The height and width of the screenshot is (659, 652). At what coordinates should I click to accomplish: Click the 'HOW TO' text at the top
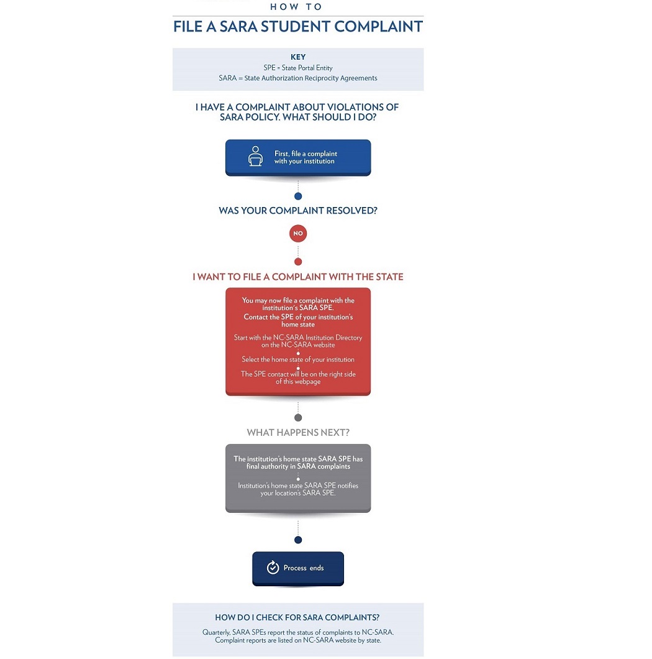[x=297, y=7]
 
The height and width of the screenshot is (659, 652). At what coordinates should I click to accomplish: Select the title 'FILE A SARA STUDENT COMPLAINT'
[x=298, y=27]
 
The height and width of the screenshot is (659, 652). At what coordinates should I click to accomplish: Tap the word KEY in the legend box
[x=298, y=57]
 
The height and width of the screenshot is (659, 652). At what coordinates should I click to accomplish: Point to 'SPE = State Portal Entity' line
[x=298, y=68]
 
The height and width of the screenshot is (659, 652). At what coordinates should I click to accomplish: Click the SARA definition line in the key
[x=298, y=78]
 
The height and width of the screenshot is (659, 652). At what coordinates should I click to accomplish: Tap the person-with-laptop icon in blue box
[x=255, y=157]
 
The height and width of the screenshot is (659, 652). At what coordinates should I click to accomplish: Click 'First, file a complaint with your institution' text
[x=306, y=157]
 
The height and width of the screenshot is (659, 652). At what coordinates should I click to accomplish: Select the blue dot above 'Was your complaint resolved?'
[x=298, y=196]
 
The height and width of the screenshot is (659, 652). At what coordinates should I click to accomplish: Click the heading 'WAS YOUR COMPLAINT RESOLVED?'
[x=298, y=211]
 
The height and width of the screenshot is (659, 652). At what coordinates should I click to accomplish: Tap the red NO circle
[x=298, y=234]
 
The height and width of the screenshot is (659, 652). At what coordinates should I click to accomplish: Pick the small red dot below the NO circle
[x=298, y=262]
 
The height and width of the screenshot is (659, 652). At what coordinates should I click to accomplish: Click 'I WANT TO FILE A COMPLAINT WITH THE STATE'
[x=298, y=277]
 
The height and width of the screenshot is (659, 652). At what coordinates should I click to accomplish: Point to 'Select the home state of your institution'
[x=298, y=359]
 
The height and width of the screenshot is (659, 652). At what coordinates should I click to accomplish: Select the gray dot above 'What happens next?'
[x=298, y=418]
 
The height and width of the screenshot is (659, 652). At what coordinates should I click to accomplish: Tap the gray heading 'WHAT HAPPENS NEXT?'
[x=298, y=433]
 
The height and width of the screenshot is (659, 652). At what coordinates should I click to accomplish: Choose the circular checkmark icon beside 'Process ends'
[x=272, y=568]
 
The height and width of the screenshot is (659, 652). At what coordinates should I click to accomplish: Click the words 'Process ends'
[x=304, y=568]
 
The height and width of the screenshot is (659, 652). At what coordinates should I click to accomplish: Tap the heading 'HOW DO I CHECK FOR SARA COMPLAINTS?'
[x=297, y=617]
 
